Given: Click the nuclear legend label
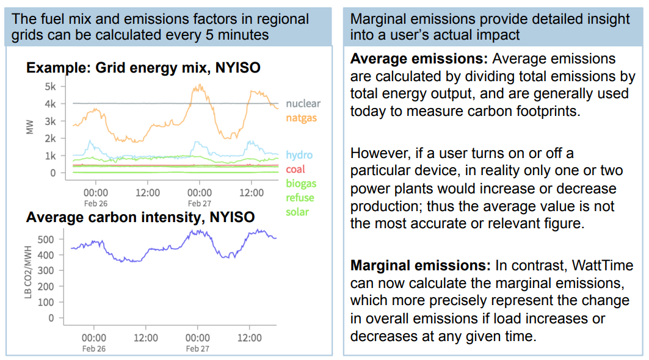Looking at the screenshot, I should [x=303, y=104].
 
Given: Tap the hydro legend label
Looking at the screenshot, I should [x=299, y=155].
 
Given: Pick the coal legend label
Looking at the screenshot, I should [x=295, y=169].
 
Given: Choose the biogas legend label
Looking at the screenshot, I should [x=301, y=183].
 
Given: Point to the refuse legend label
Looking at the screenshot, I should [x=300, y=197].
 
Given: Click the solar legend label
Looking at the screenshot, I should [x=297, y=212].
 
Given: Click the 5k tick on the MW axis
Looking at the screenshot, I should [x=49, y=87].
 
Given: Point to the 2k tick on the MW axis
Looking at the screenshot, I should [x=49, y=139].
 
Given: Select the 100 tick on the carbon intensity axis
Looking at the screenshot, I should [x=46, y=302].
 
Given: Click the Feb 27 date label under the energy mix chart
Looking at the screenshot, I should [x=198, y=204].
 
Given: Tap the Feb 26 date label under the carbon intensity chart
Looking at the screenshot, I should [x=95, y=348].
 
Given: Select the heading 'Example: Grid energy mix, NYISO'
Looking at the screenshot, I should [x=143, y=67].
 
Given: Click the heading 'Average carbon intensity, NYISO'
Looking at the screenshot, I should [x=140, y=217].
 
